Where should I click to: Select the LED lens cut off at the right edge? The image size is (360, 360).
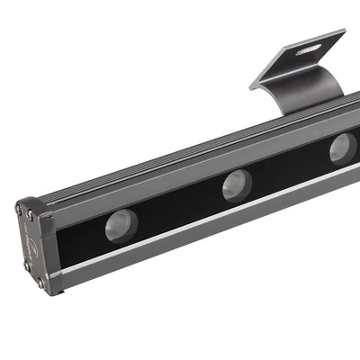pos(343,147)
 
